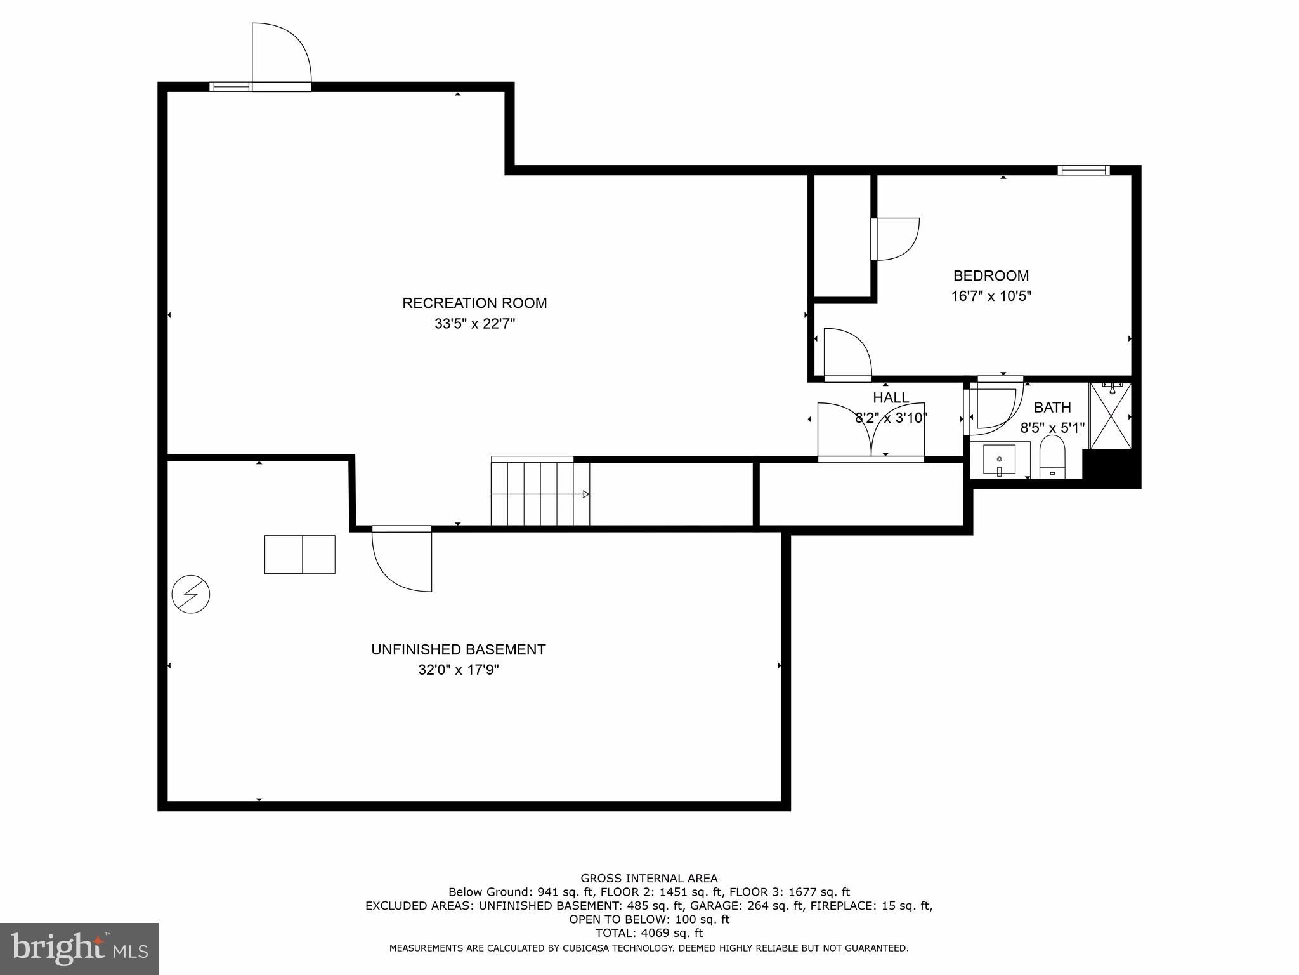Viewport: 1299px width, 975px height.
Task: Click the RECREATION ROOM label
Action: coord(474,303)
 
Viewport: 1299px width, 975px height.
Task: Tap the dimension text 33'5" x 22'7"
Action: coord(474,324)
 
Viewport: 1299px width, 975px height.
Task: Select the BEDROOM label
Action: coord(991,275)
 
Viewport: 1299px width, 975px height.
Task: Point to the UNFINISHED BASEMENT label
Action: coord(458,649)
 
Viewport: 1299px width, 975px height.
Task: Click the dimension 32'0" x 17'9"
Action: coord(458,670)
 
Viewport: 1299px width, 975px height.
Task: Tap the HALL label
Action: coord(891,398)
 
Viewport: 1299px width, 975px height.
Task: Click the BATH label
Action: coord(1052,408)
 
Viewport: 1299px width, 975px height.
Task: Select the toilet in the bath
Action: coord(1052,457)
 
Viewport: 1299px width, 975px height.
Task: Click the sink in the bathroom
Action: coord(999,460)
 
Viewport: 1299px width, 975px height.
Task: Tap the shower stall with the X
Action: coord(1110,416)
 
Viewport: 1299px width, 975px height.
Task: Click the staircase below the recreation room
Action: coord(540,493)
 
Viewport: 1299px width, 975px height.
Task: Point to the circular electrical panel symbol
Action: coord(191,594)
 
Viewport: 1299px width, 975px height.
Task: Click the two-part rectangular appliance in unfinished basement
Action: coord(299,554)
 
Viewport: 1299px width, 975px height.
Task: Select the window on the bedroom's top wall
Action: coord(1083,169)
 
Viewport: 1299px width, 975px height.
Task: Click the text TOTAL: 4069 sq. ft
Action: coord(649,933)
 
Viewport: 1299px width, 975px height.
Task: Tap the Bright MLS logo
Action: coord(79,948)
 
